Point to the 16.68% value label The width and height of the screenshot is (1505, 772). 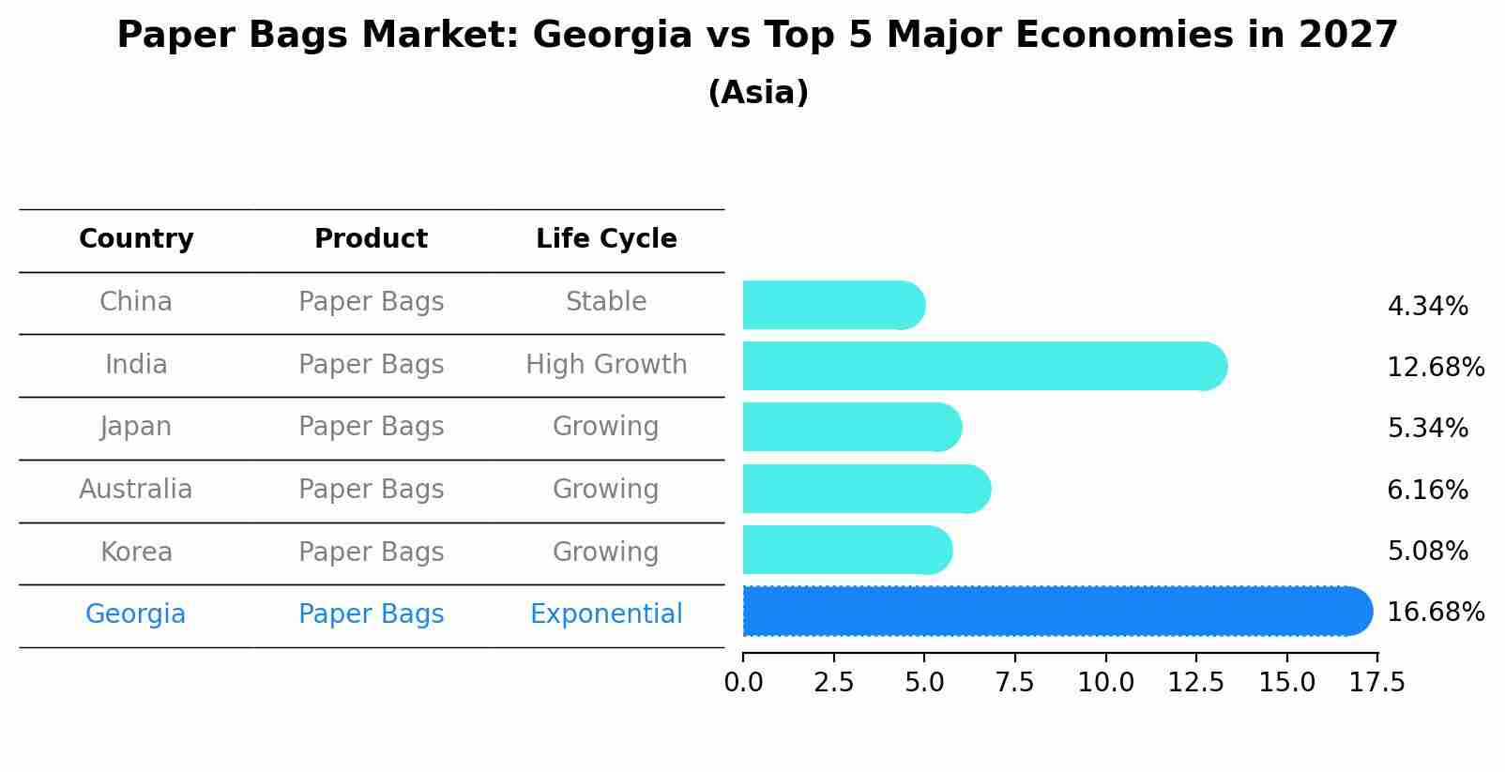(x=1435, y=613)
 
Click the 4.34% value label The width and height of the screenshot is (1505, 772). (x=1427, y=307)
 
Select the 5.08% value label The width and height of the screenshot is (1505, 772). (x=1427, y=552)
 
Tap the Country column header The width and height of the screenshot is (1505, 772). (x=136, y=239)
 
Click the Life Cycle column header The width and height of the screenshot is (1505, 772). (x=606, y=239)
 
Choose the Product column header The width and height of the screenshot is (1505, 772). (x=371, y=239)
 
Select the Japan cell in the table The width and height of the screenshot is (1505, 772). (x=136, y=427)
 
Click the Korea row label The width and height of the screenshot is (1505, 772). (x=136, y=553)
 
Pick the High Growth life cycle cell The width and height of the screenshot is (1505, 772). (x=606, y=365)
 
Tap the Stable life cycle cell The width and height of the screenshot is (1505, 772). (x=606, y=302)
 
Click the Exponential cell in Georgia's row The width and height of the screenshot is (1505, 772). (x=606, y=614)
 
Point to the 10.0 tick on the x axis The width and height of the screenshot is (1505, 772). (x=1105, y=683)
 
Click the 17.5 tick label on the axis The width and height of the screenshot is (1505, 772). (x=1377, y=683)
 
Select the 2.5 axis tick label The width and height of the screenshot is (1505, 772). (x=833, y=683)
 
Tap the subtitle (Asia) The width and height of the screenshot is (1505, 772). (x=758, y=93)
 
